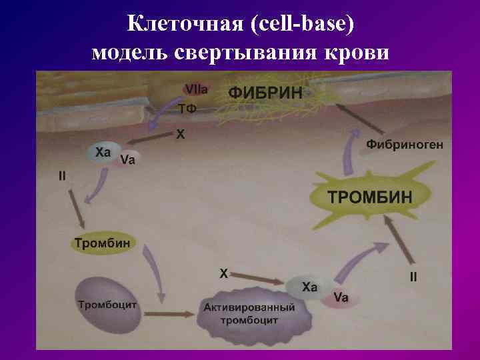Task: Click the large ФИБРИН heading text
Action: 265,93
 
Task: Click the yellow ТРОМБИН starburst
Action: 369,197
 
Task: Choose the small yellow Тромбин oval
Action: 102,243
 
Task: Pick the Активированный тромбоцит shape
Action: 249,314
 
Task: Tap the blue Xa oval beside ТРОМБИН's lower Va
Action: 309,287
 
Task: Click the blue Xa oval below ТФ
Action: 102,153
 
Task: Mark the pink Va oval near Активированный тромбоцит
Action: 341,298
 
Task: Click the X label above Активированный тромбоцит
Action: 223,273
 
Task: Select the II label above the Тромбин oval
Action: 61,176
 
